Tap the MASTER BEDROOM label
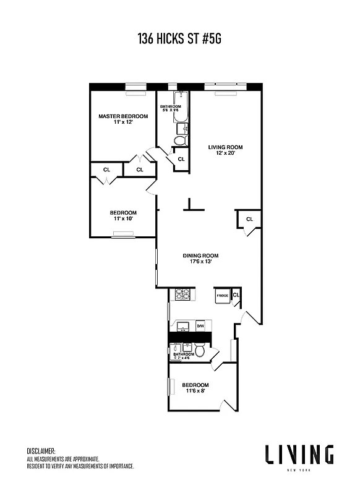point(124,116)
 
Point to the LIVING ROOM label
point(225,147)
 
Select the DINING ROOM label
point(200,256)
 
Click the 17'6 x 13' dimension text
point(200,262)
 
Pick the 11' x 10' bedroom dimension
point(124,218)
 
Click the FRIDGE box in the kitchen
point(222,296)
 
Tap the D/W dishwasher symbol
point(200,325)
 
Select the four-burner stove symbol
point(182,295)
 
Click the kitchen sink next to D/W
point(184,325)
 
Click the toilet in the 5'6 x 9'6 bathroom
point(179,140)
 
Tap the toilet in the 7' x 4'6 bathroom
point(200,351)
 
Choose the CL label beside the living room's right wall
point(249,219)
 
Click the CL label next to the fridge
point(236,295)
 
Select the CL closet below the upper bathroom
point(181,160)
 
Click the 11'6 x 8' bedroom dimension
point(195,390)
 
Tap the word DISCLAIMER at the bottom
point(41,451)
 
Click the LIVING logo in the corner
point(299,455)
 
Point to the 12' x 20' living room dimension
point(225,154)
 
